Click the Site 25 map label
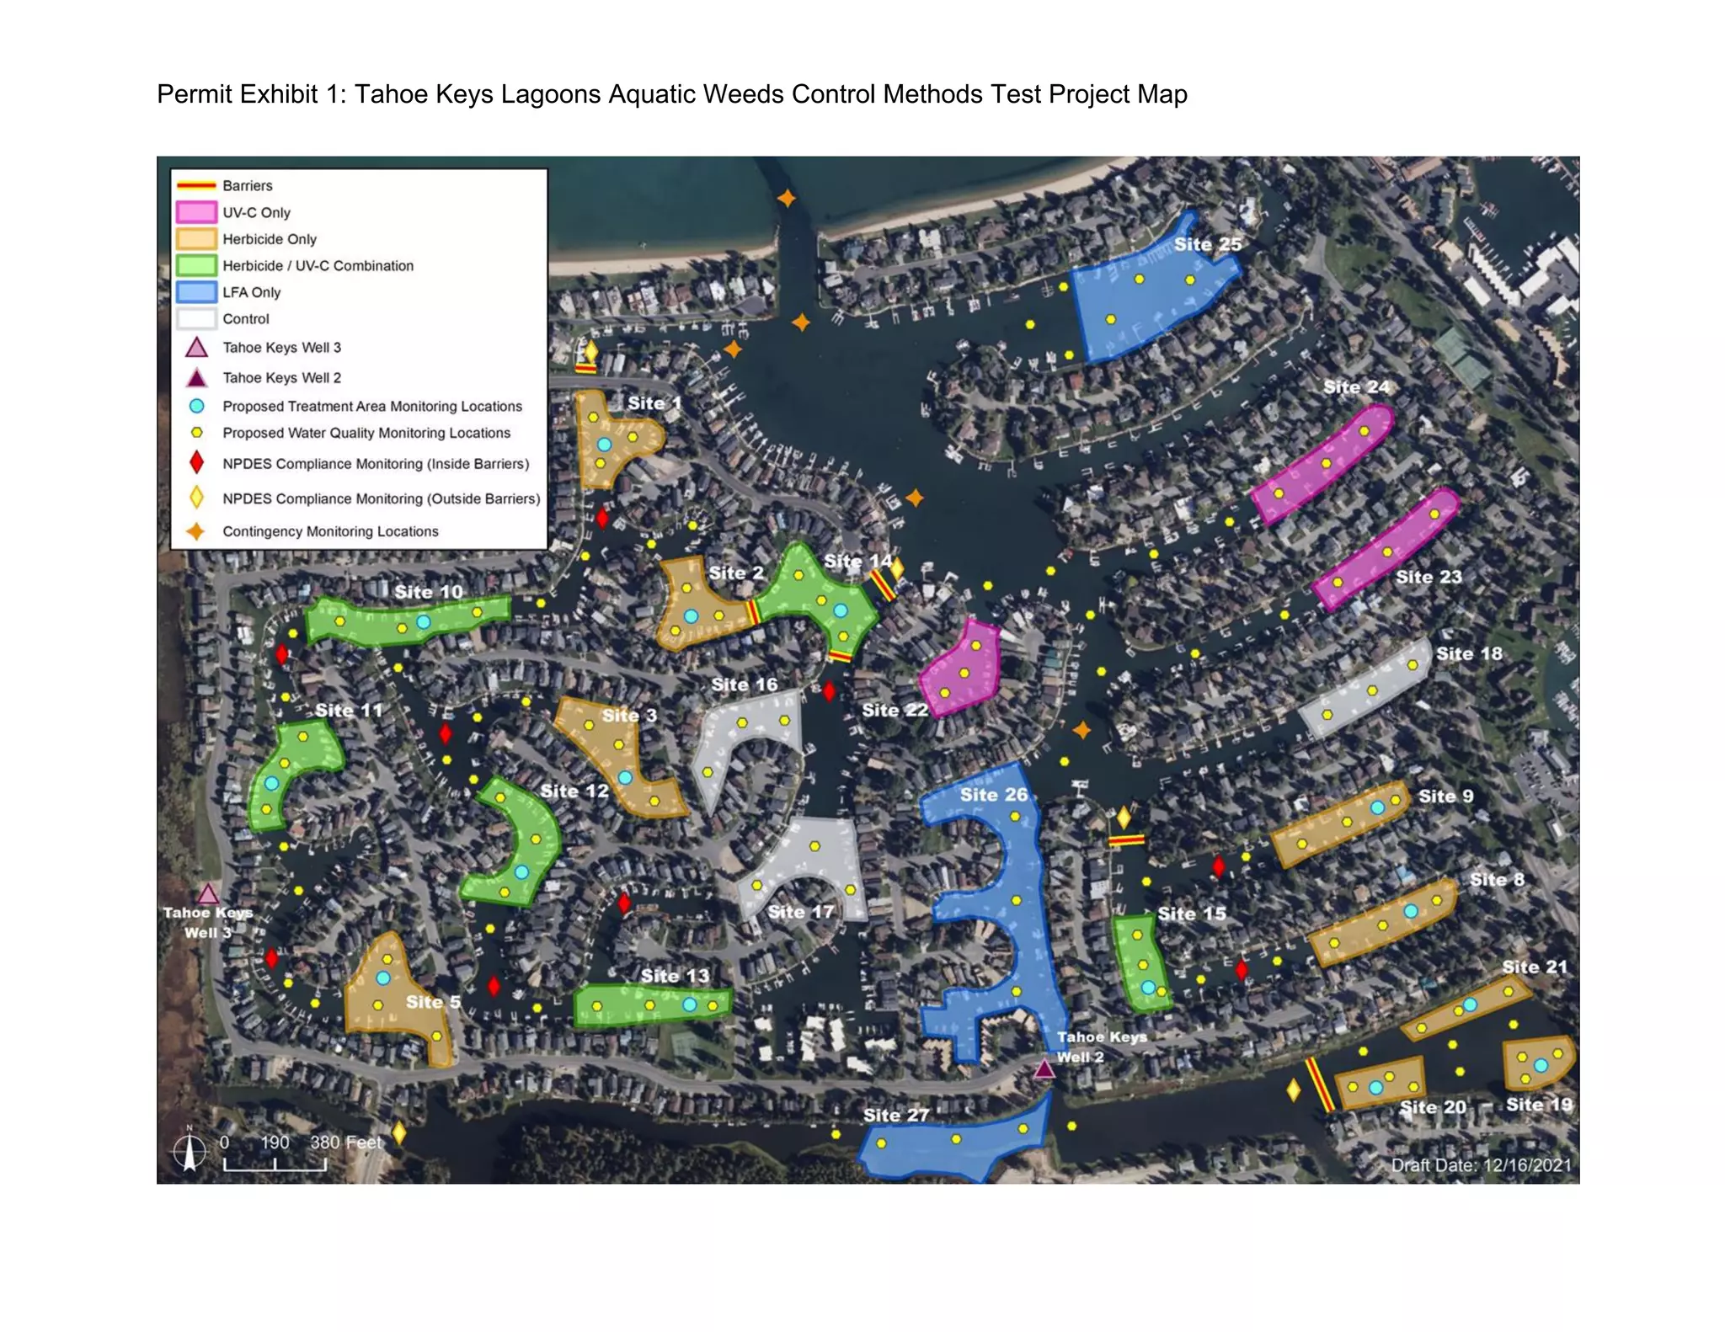1207,244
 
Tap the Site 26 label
994,794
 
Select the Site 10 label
429,592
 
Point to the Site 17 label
801,911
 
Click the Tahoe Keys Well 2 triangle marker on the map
1044,1069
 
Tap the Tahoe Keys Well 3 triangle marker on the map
208,893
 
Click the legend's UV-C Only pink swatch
196,212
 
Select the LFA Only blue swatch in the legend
196,292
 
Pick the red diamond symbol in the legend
196,462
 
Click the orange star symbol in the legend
196,531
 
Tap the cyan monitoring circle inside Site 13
690,1004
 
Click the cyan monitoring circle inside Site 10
424,622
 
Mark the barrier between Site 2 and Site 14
753,611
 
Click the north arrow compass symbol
190,1151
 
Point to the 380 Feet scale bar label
345,1143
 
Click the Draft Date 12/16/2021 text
1481,1165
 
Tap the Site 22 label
895,710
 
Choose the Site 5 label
433,1002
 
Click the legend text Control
246,319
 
